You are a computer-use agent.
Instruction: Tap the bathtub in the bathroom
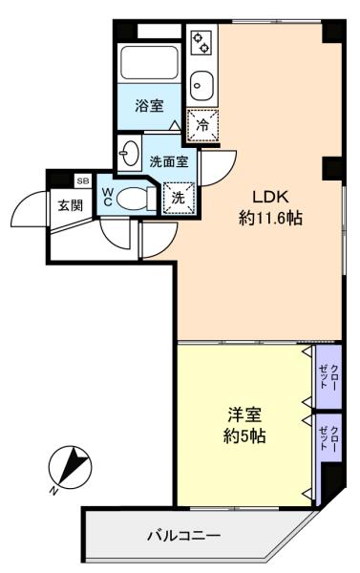click(150, 64)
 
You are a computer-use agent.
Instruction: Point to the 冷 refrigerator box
click(201, 124)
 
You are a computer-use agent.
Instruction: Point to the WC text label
click(109, 196)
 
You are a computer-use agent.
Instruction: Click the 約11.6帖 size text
click(270, 219)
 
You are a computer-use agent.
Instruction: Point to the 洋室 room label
click(245, 415)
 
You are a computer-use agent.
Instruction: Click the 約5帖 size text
click(245, 436)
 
